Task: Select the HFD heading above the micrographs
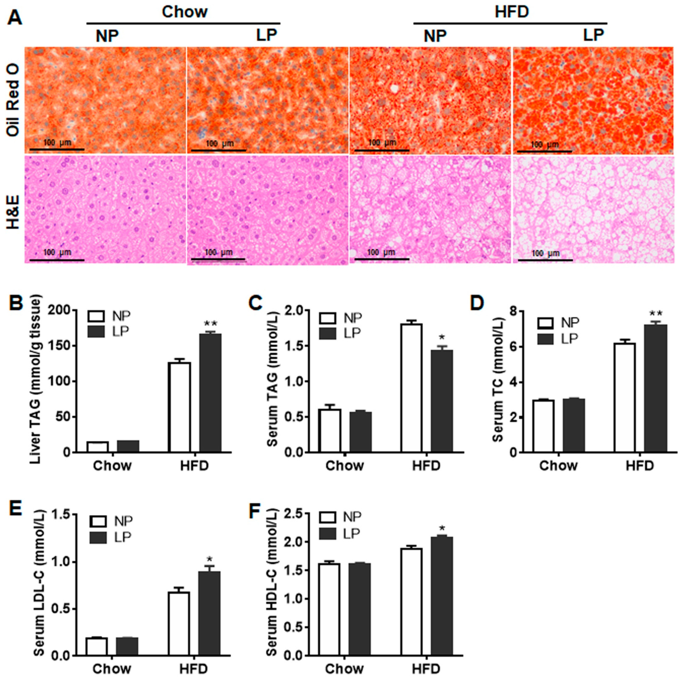pyautogui.click(x=511, y=12)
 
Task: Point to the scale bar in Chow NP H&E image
pyautogui.click(x=56, y=260)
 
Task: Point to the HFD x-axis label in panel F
pyautogui.click(x=426, y=668)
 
